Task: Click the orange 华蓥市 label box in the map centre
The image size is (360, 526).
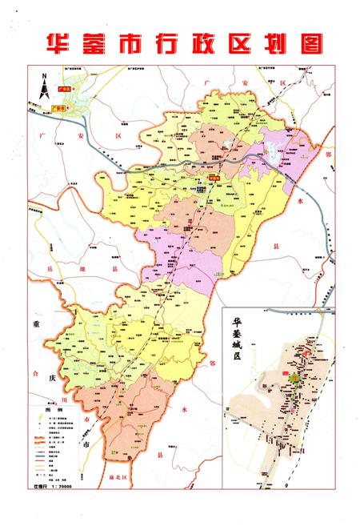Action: click(214, 179)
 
